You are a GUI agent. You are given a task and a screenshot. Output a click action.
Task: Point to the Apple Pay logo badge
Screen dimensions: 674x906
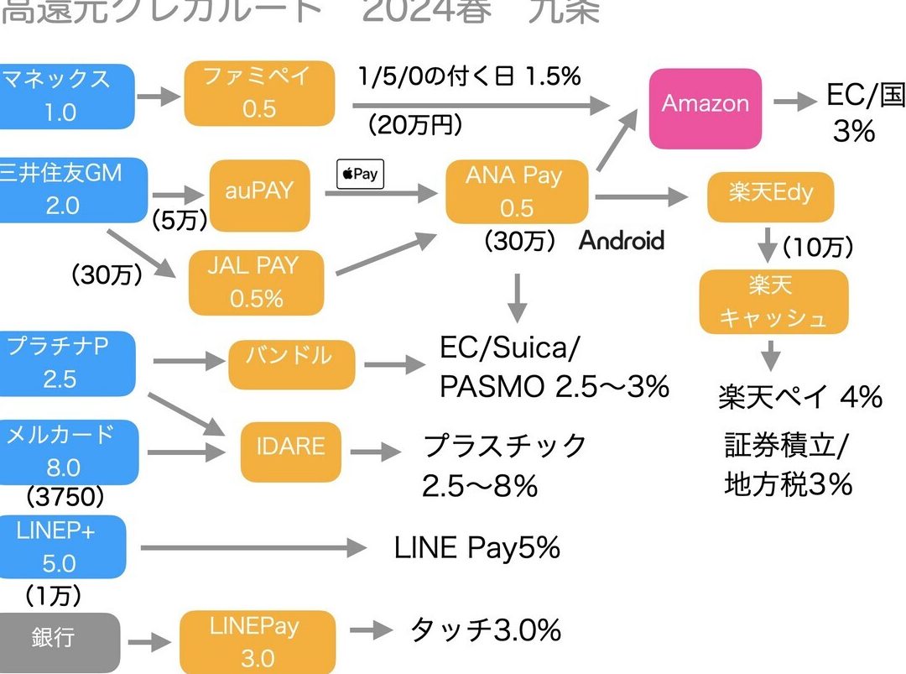point(360,175)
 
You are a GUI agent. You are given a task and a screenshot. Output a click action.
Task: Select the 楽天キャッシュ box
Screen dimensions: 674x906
point(773,301)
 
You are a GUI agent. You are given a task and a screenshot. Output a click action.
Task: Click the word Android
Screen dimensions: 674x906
point(622,242)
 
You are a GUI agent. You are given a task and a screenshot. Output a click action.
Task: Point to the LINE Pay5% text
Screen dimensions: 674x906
point(476,548)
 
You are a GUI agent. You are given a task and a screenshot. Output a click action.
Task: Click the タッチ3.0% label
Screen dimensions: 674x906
point(485,630)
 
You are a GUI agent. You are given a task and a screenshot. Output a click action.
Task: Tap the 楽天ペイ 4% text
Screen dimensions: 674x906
point(799,397)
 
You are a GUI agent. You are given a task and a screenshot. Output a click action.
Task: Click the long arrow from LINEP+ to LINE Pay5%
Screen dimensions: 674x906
point(252,549)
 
